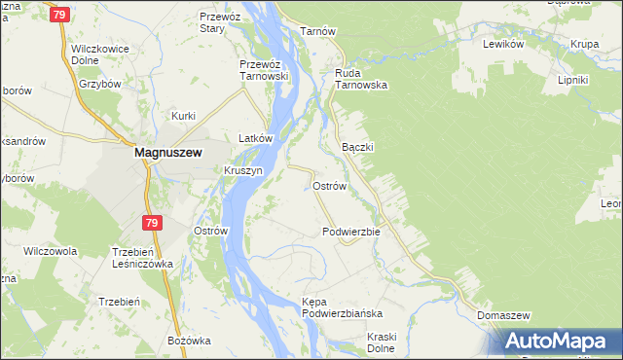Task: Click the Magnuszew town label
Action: pos(166,152)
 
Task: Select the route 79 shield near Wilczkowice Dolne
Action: pos(59,15)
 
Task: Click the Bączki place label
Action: pos(358,146)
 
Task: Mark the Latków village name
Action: pos(254,138)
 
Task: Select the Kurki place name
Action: pos(184,116)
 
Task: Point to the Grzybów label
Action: pos(100,84)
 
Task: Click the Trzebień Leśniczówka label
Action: pos(135,257)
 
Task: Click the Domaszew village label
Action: pos(503,316)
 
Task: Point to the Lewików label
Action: pos(504,45)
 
